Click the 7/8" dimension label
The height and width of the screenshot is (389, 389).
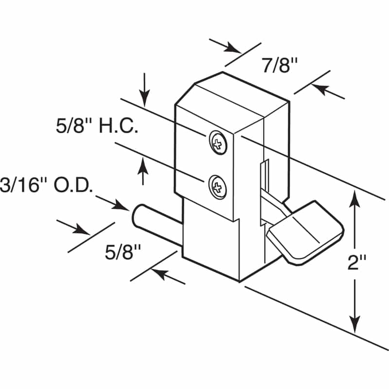click(280, 65)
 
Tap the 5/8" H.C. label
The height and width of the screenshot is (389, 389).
click(97, 127)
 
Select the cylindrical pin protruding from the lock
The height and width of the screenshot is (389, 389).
click(156, 219)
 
